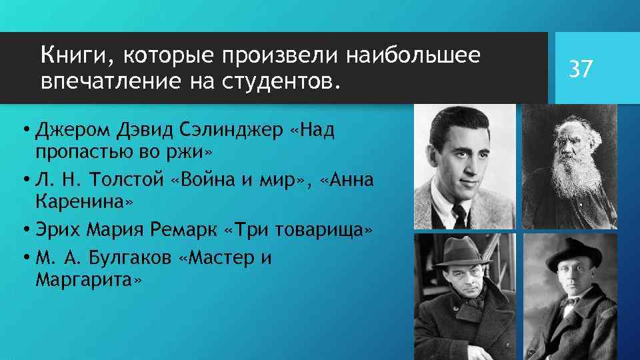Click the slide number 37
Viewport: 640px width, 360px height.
click(579, 69)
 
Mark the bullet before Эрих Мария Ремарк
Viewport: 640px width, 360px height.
click(25, 230)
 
